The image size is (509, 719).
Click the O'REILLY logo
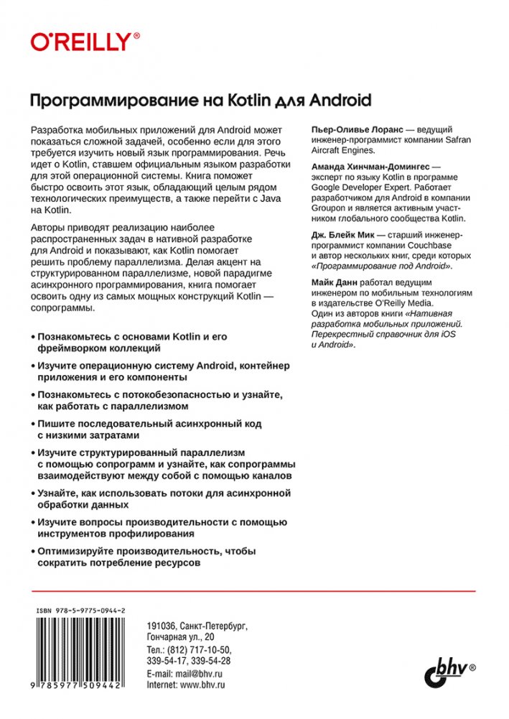pyautogui.click(x=85, y=41)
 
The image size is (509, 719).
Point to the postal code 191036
pyautogui.click(x=160, y=626)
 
